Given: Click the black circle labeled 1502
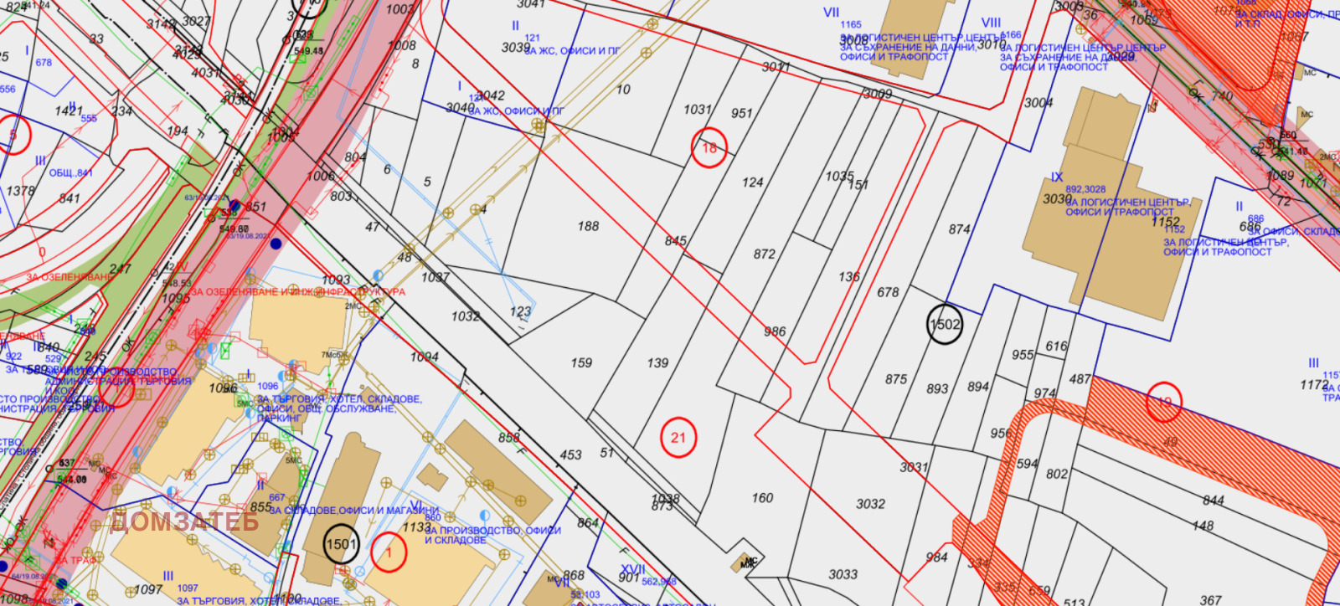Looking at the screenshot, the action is click(945, 325).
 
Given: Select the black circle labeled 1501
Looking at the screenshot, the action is click(341, 544).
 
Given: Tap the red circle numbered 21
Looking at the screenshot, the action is click(678, 438).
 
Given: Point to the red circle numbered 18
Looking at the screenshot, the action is click(709, 148).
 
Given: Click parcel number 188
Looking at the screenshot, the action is click(588, 226).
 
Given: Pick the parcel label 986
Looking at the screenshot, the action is click(775, 331).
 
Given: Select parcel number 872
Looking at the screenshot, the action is click(764, 254).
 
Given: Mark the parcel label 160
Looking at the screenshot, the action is click(762, 498).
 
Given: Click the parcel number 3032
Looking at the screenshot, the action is click(870, 504).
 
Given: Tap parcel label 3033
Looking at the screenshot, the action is click(843, 574).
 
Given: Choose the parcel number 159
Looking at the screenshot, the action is click(581, 363).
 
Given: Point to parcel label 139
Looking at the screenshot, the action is click(657, 363).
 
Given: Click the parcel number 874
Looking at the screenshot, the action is click(959, 229).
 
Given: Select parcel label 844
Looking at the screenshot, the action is click(1213, 501).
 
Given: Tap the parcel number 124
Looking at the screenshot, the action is click(752, 182).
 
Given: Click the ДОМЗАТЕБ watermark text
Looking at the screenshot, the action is click(184, 521).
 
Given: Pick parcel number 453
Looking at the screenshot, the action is click(570, 455).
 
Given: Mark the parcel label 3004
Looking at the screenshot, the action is click(1038, 103).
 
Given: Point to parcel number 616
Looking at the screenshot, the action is click(1056, 346).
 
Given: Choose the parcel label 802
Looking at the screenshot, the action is click(1057, 474).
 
